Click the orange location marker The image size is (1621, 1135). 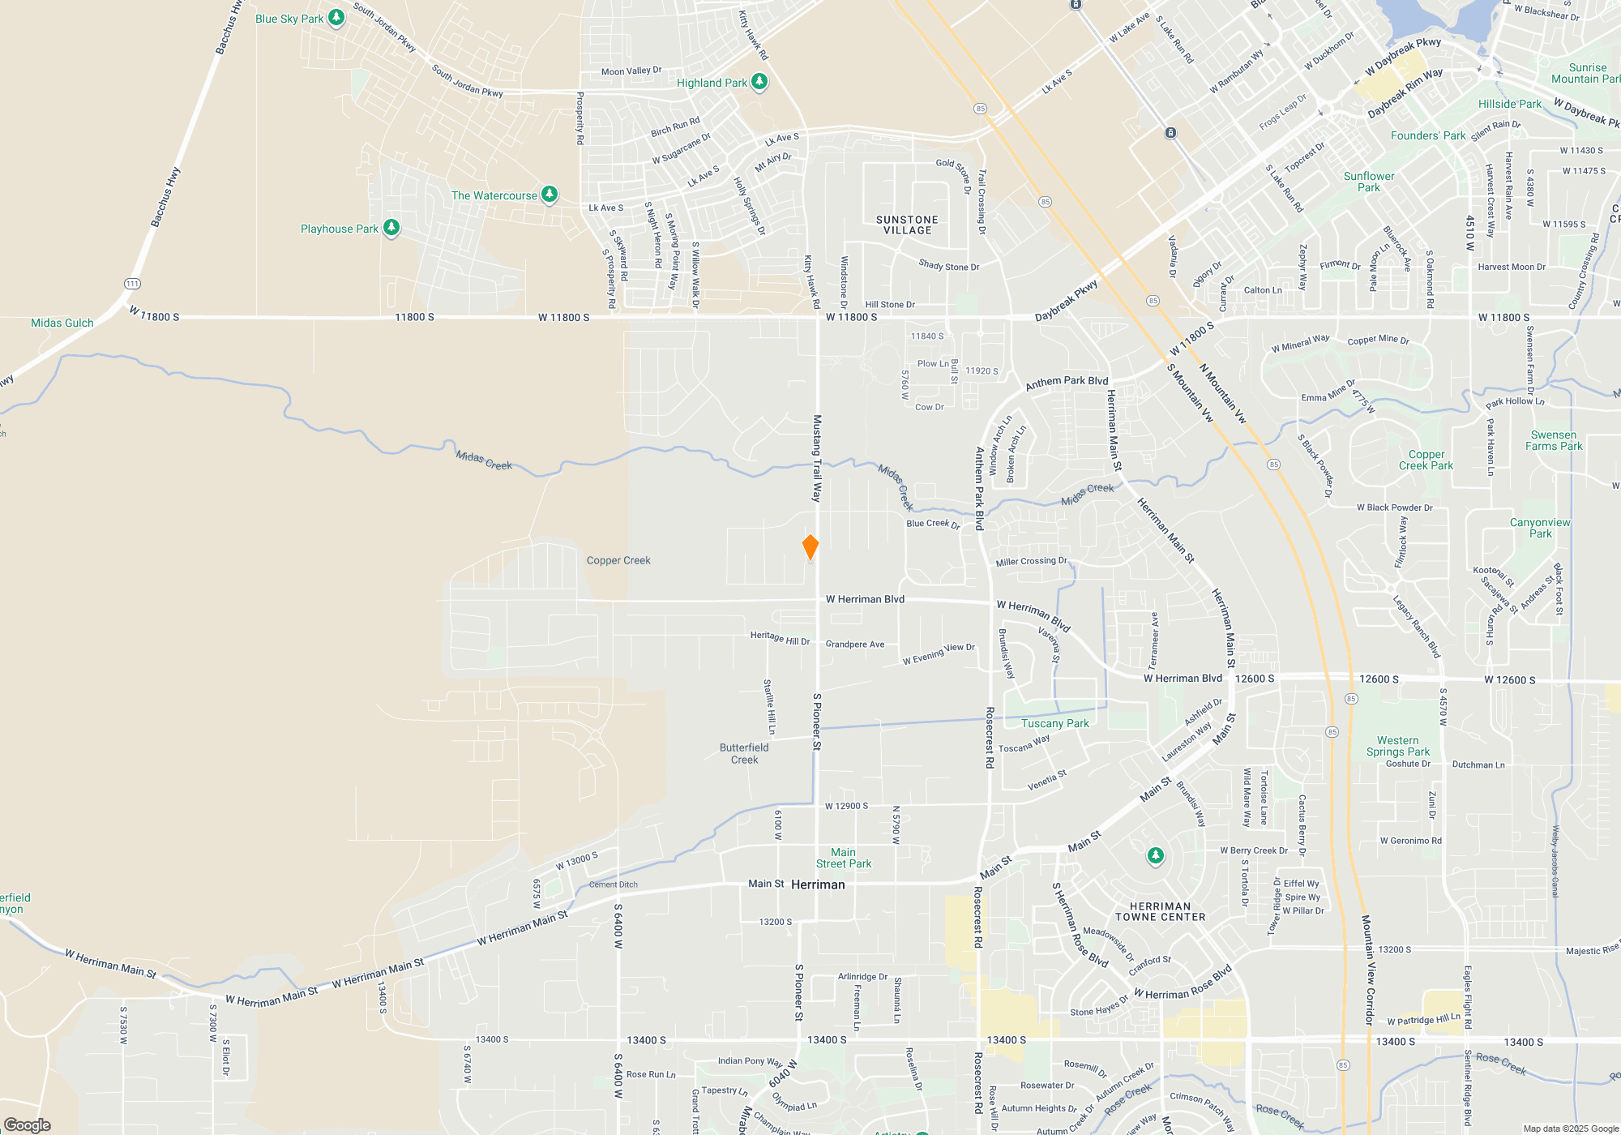pos(810,547)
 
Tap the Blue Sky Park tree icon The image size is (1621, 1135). pos(336,18)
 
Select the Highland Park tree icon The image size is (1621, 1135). pos(759,82)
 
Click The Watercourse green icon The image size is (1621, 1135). pos(550,195)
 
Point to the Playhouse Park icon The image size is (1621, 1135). pos(391,228)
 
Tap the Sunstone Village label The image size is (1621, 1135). pos(907,225)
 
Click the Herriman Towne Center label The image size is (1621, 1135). pos(1160,912)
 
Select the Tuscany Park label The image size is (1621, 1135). pos(1054,723)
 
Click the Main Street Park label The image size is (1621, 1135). pos(844,858)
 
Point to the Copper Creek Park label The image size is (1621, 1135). pos(1426,460)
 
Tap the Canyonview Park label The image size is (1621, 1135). pos(1540,528)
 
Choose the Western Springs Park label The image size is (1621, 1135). pos(1398,746)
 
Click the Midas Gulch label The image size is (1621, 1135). pos(62,323)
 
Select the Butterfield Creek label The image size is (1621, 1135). pos(744,754)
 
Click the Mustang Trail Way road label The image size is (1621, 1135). pos(817,458)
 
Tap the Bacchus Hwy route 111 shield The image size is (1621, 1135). pos(132,284)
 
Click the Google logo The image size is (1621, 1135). pos(28,1124)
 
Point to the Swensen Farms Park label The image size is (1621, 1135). pos(1554,440)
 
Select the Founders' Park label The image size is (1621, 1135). pos(1428,135)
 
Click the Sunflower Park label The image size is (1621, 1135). pos(1369,182)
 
